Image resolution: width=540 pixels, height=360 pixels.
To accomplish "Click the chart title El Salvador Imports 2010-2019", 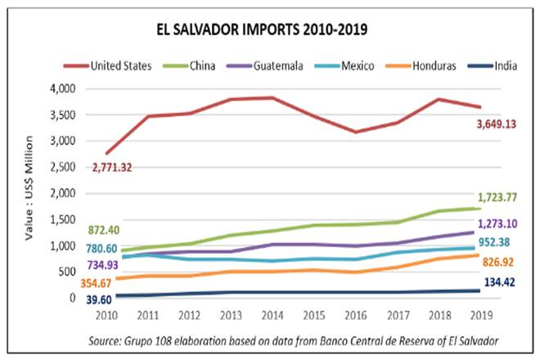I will (x=262, y=30).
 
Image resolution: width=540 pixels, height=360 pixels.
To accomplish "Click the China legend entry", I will (x=201, y=65).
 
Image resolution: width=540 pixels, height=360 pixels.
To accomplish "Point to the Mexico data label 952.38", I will (x=500, y=243).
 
